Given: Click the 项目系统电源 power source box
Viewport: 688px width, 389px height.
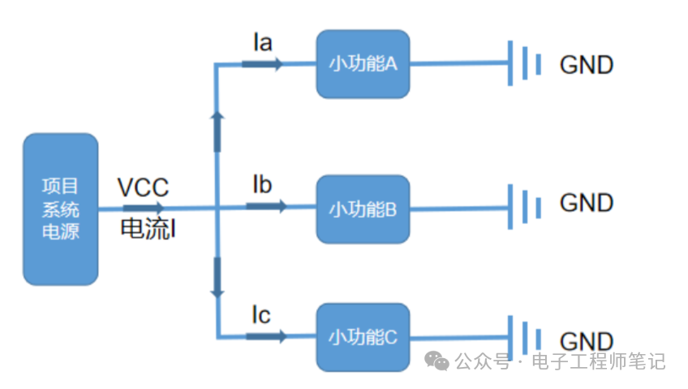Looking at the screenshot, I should (60, 210).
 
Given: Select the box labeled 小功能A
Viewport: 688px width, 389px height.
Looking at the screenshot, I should (363, 64).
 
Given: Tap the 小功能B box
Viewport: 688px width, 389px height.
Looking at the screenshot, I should (363, 209).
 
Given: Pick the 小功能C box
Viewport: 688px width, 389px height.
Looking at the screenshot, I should (363, 337).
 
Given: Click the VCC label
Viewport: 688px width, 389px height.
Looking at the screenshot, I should (143, 188).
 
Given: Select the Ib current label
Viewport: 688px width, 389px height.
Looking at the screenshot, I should (262, 184).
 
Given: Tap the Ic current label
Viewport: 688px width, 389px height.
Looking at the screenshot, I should (261, 313).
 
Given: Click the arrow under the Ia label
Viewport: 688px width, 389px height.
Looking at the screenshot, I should (267, 64).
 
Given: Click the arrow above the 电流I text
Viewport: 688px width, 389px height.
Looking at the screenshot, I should (144, 208).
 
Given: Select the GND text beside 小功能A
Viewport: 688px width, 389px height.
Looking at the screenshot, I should (586, 65).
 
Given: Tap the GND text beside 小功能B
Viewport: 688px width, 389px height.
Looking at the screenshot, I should (586, 202).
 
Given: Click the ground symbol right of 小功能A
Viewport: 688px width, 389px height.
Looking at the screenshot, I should (524, 63).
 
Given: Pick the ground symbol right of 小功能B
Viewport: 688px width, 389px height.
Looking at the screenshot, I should (524, 205).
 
